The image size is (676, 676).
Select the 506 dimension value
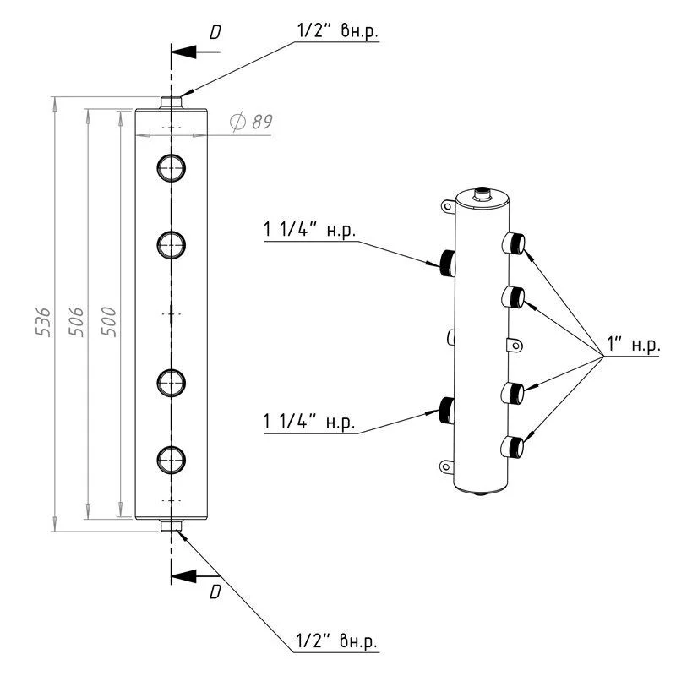click(75, 320)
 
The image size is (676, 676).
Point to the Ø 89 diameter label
click(251, 123)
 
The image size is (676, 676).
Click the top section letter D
click(215, 32)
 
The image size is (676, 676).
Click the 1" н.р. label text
click(631, 346)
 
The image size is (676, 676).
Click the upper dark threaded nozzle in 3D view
click(446, 259)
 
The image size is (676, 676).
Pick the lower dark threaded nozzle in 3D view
click(446, 410)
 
